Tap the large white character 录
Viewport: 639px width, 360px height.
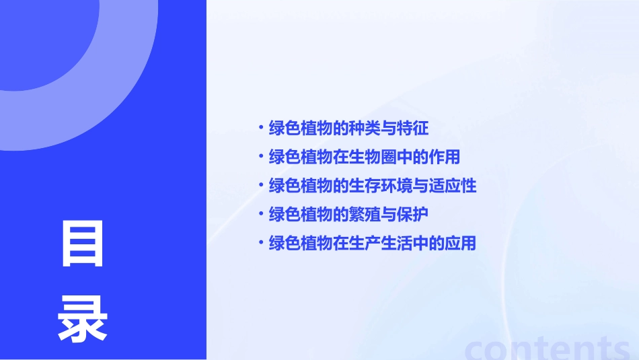pyautogui.click(x=83, y=320)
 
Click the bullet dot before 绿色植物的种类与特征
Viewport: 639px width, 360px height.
pyautogui.click(x=261, y=128)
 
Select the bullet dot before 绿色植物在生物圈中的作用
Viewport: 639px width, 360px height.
pyautogui.click(x=261, y=157)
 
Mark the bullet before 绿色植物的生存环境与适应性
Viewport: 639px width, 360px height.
pyautogui.click(x=261, y=186)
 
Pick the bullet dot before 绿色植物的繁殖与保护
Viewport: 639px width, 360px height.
pyautogui.click(x=261, y=215)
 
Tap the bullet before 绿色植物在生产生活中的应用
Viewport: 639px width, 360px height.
pyautogui.click(x=261, y=244)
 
